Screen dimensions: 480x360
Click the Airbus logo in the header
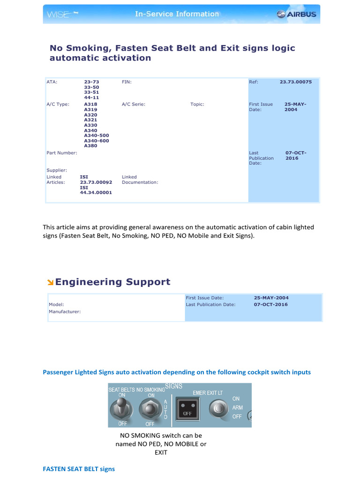pyautogui.click(x=296, y=14)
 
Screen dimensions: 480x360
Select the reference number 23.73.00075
pyautogui.click(x=296, y=82)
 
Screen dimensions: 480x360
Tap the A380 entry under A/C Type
pyautogui.click(x=91, y=146)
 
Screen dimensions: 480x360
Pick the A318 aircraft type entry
pyautogui.click(x=91, y=104)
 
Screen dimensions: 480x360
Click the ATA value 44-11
pyautogui.click(x=91, y=97)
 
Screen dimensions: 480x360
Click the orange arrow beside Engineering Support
pyautogui.click(x=50, y=282)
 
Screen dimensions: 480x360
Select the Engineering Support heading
pyautogui.click(x=112, y=282)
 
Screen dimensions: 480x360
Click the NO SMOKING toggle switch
pyautogui.click(x=150, y=410)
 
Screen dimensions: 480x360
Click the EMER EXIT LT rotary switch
pyautogui.click(x=217, y=408)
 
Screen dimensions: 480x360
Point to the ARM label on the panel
pyautogui.click(x=238, y=408)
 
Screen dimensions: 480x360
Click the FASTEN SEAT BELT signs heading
pyautogui.click(x=79, y=469)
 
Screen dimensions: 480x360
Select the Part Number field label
pyautogui.click(x=62, y=153)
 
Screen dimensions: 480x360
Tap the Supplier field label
pyautogui.click(x=57, y=170)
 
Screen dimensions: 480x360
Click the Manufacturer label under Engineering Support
pyautogui.click(x=65, y=311)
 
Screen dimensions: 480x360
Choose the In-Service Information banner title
pyautogui.click(x=177, y=14)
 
